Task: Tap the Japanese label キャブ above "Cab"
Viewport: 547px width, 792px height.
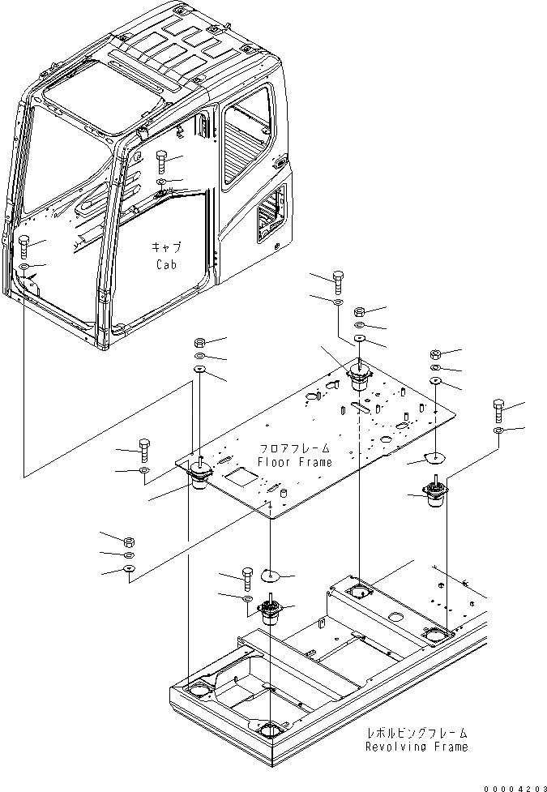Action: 165,247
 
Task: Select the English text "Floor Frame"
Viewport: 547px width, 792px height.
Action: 294,462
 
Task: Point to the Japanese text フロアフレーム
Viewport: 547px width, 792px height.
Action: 294,447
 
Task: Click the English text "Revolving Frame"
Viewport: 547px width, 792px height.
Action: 416,747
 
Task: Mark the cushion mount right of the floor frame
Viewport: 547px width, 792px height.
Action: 434,494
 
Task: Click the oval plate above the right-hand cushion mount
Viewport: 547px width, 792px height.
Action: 436,459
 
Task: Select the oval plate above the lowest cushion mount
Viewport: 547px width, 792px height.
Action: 269,576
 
